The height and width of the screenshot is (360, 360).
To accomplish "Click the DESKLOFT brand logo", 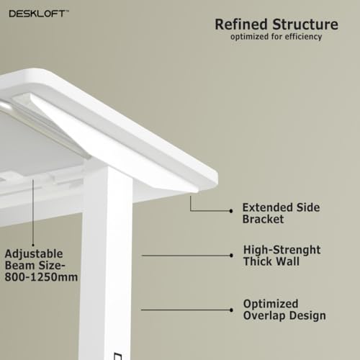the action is pyautogui.click(x=38, y=14).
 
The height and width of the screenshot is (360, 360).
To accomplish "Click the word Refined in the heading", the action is pyautogui.click(x=241, y=24).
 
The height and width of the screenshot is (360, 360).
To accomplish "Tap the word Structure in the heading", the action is pyautogui.click(x=305, y=24).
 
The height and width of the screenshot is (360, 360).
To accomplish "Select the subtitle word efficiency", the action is pyautogui.click(x=303, y=37).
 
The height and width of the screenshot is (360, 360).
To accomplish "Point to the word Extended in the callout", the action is pyautogui.click(x=267, y=207).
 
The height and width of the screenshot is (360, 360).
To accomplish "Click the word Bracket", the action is pyautogui.click(x=263, y=219).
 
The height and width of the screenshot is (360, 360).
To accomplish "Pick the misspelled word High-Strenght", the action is pyautogui.click(x=282, y=250).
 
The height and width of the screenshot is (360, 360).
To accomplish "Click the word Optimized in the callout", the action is pyautogui.click(x=271, y=304).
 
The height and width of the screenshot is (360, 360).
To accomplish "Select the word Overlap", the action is pyautogui.click(x=264, y=315).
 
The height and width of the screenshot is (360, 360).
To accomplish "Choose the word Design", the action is pyautogui.click(x=307, y=315).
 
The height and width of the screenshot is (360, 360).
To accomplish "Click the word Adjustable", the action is pyautogui.click(x=34, y=254).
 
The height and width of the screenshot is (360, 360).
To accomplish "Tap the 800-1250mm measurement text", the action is pyautogui.click(x=41, y=277).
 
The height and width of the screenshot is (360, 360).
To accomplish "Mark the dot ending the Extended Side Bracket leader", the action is pyautogui.click(x=231, y=211).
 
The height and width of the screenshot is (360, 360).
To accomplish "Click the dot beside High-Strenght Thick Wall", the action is pyautogui.click(x=231, y=256).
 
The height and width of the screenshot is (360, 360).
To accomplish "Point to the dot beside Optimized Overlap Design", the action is pyautogui.click(x=231, y=310).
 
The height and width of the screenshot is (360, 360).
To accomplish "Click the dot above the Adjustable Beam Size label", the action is pyautogui.click(x=33, y=245).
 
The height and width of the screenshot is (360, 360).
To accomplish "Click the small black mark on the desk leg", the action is pyautogui.click(x=117, y=356).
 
